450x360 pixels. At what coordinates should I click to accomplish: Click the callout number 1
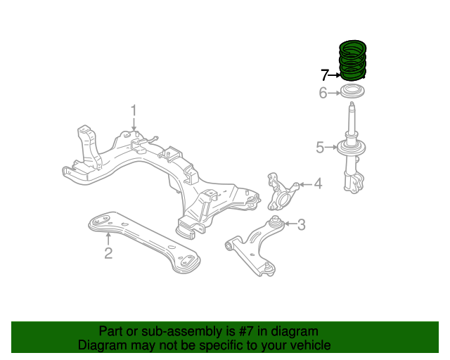(x=133, y=110)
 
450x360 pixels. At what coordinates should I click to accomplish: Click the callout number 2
(x=108, y=253)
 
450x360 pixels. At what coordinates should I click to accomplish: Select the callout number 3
(x=301, y=225)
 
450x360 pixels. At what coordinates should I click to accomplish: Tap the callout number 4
(x=318, y=184)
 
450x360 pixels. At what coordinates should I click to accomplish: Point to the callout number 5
(x=320, y=147)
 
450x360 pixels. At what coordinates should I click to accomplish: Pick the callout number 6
(x=323, y=93)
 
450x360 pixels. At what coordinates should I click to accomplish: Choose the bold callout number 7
(x=324, y=75)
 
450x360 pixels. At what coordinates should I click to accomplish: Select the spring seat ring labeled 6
(x=352, y=92)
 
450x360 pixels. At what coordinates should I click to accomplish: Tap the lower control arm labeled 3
(x=253, y=243)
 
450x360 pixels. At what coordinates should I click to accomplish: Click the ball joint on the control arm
(x=266, y=268)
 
